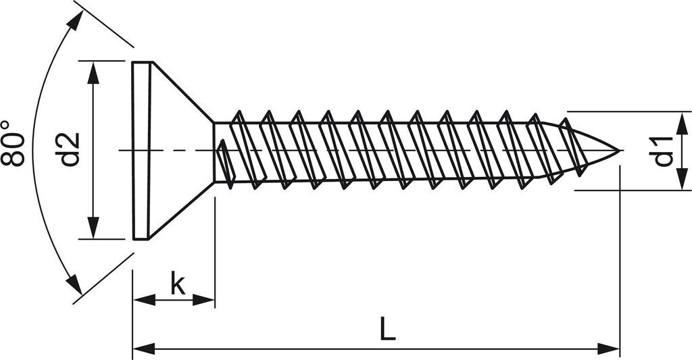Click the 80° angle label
(13, 143)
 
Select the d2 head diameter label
(69, 149)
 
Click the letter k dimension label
(177, 284)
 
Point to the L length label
(387, 330)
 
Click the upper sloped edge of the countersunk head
(182, 92)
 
